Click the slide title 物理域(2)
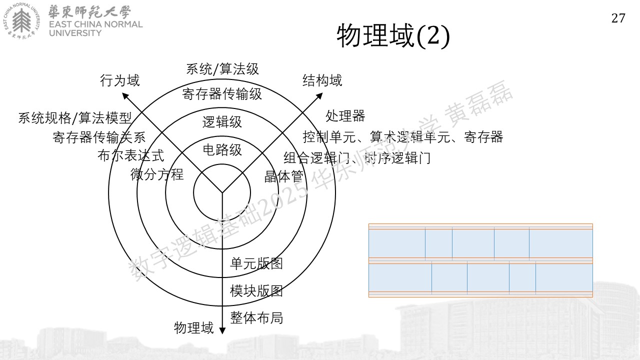(393, 36)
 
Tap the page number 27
(618, 18)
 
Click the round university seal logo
(21, 21)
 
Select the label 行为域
(119, 80)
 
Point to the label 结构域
(322, 80)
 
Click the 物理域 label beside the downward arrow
(193, 327)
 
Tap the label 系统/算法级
(222, 69)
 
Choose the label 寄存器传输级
(222, 94)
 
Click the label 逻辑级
(222, 121)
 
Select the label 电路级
(222, 149)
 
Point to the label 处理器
(345, 116)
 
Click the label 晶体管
(283, 176)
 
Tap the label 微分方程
(157, 174)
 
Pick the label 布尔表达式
(131, 155)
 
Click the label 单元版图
(256, 263)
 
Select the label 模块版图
(256, 291)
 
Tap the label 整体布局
(256, 317)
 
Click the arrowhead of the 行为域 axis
(125, 95)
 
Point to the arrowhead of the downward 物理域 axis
(222, 331)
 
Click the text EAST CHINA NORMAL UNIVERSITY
(95, 28)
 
